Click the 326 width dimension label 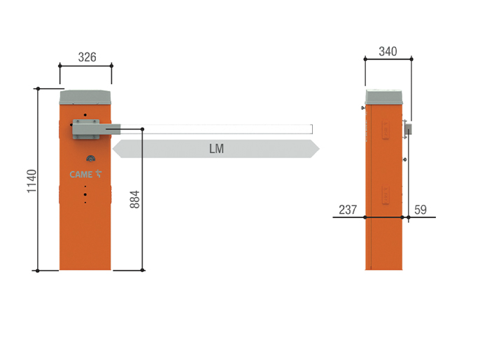(x=87, y=57)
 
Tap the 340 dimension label (x=388, y=52)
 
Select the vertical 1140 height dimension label (x=31, y=181)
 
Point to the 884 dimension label (x=134, y=199)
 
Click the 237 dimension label (x=348, y=210)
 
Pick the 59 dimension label (x=421, y=210)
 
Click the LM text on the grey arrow (x=216, y=149)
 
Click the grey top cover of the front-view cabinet (x=85, y=97)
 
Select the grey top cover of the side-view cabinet (x=384, y=97)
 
